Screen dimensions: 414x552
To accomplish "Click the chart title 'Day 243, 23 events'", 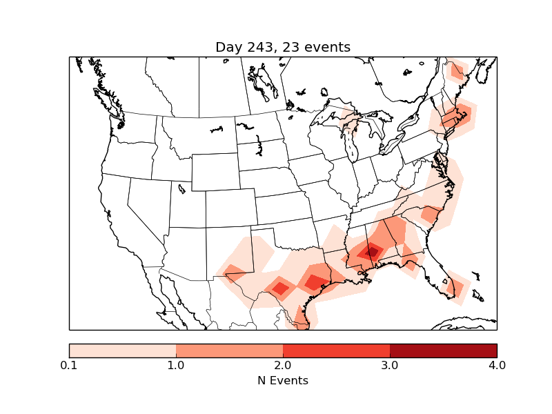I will tap(283, 47).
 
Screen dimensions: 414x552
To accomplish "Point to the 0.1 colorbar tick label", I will tap(69, 365).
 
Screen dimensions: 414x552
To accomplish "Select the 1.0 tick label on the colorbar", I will tap(176, 365).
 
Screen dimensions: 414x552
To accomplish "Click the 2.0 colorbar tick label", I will tap(283, 365).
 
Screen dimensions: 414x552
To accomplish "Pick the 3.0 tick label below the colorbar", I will tap(390, 365).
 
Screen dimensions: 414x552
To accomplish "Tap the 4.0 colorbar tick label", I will tap(497, 365).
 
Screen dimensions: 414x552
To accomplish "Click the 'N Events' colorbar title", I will tap(283, 380).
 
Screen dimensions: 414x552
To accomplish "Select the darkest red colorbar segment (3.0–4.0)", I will tap(443, 350).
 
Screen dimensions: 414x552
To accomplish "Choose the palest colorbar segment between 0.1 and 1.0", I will tap(123, 350).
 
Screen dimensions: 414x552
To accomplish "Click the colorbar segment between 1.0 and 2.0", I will tap(229, 350).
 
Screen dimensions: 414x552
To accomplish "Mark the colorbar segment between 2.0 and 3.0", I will tap(336, 350).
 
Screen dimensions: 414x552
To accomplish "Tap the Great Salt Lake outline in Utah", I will tap(181, 188).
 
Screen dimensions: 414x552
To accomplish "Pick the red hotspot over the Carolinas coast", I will tap(431, 213).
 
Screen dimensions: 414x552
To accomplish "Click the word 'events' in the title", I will tap(328, 47).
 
